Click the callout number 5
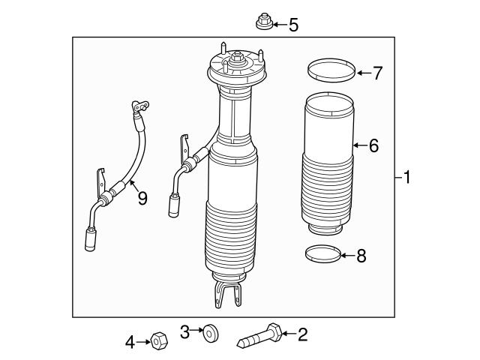(293, 25)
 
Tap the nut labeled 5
(263, 22)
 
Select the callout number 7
(377, 73)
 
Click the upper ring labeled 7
(331, 72)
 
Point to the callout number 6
(373, 145)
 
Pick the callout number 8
(361, 256)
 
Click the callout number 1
(406, 178)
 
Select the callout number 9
(141, 198)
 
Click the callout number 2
(302, 334)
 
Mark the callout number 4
(130, 343)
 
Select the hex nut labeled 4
(157, 341)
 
